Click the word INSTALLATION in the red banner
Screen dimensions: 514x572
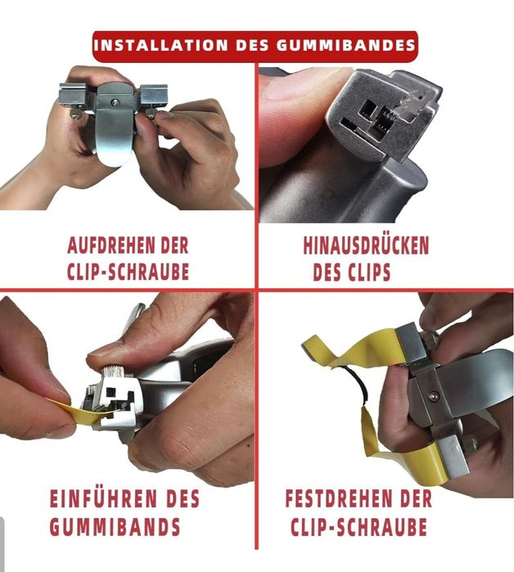161,45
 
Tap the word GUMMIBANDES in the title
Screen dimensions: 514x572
346,45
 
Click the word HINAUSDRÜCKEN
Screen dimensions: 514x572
366,245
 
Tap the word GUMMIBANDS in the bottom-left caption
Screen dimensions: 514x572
115,526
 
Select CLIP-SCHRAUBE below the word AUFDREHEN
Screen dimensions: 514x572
128,272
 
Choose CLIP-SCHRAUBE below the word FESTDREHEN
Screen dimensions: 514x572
358,526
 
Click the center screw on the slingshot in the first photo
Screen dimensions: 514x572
115,103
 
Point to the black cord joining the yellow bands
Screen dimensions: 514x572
359,383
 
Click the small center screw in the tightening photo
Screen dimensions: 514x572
433,395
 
